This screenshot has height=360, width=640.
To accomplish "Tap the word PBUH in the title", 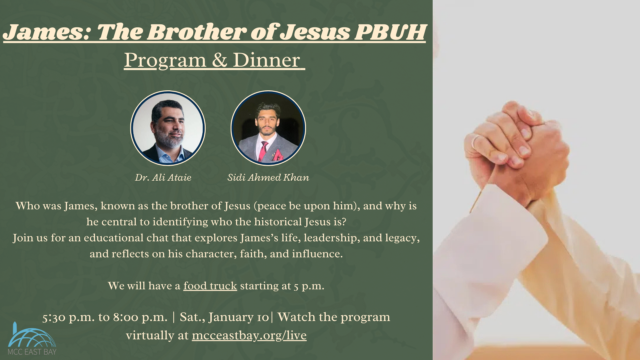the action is tap(390, 32).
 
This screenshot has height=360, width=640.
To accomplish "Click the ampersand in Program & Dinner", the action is tap(219, 60).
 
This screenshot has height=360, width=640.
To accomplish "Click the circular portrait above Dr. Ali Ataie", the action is tap(168, 128).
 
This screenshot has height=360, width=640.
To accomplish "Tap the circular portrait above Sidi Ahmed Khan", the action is tap(268, 128).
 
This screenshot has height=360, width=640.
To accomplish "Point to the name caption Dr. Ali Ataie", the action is tap(163, 177).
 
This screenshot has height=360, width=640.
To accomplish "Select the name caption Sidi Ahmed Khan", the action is tap(268, 177).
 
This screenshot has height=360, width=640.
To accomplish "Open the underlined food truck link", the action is tap(210, 286).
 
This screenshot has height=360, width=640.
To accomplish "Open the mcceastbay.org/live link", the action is tap(249, 335).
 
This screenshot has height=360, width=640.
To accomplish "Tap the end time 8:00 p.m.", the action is tap(140, 317).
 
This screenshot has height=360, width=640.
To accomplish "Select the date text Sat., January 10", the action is tap(224, 317).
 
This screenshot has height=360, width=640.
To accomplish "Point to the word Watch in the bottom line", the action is tap(296, 317).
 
